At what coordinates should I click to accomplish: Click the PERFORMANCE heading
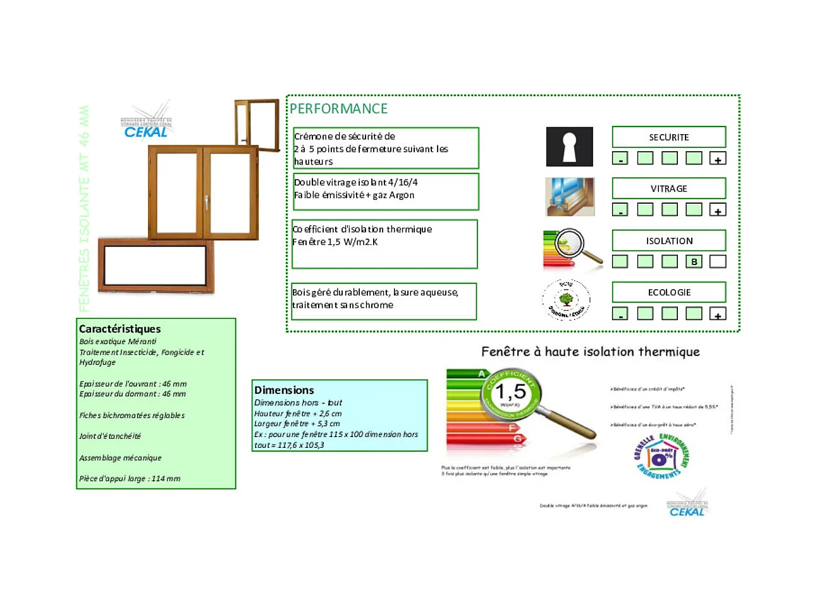coord(338,109)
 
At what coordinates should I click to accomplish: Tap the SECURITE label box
coord(668,137)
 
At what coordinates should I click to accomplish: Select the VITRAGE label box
coord(668,189)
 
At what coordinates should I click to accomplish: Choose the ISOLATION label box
coord(668,241)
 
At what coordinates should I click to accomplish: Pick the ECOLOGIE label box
coord(668,292)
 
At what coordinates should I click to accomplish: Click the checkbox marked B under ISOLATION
coord(694,261)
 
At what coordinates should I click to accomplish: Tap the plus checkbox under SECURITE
coord(718,158)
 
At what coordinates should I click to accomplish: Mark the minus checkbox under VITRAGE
coord(620,209)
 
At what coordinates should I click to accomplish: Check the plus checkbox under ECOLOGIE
coord(718,314)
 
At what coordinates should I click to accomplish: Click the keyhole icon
coord(569,147)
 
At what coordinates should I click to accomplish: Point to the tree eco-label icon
coord(566,300)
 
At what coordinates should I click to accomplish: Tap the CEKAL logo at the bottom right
coord(687,507)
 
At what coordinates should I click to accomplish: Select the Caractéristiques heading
coord(120,329)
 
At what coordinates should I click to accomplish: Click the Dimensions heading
coord(284,390)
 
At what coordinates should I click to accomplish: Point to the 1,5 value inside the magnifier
coord(510,392)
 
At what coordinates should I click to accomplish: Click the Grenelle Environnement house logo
coord(661,457)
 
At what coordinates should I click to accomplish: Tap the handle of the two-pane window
coord(206,202)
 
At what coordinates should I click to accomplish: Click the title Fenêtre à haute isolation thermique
coord(590,352)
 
